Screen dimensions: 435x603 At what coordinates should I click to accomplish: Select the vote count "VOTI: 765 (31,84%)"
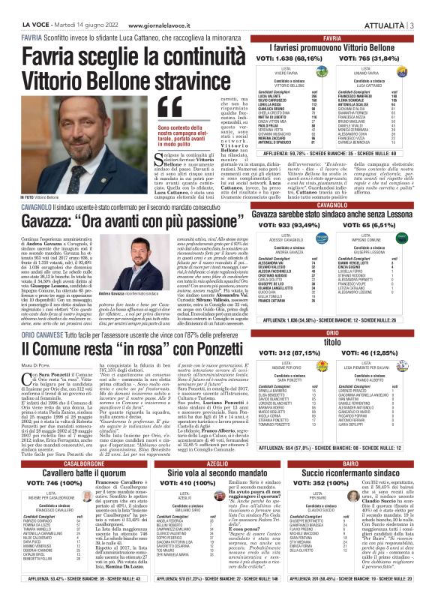pyautogui.click(x=379, y=57)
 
